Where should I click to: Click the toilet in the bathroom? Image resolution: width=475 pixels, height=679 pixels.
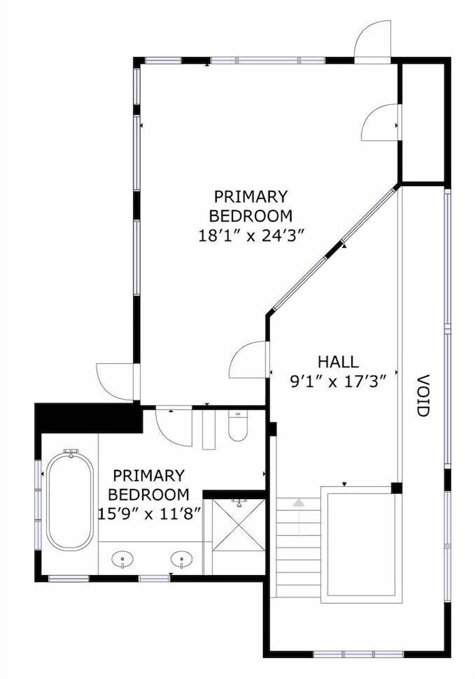[238, 426]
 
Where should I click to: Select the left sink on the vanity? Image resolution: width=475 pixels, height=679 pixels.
[122, 559]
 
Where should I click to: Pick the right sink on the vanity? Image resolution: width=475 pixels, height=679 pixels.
[181, 559]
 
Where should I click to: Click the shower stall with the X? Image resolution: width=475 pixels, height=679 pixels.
[239, 525]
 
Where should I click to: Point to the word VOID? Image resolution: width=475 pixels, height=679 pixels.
[423, 395]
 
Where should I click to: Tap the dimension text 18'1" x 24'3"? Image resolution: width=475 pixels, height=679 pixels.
[250, 236]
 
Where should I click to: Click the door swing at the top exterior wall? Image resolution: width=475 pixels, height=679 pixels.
[373, 42]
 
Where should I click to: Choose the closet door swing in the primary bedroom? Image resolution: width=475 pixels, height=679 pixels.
[380, 122]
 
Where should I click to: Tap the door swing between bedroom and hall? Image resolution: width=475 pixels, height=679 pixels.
[248, 360]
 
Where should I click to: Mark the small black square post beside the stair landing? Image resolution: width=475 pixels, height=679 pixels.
[397, 488]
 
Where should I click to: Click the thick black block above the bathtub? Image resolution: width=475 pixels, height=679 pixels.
[89, 418]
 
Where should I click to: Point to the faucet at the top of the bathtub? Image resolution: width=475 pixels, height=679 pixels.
[71, 453]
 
